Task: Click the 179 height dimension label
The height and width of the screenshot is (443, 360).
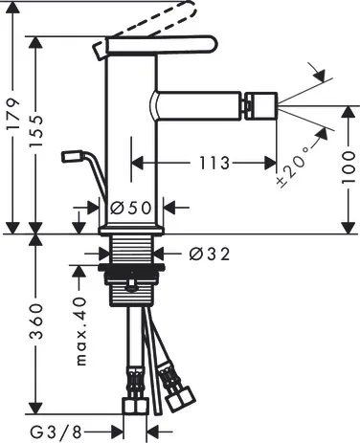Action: point(13,114)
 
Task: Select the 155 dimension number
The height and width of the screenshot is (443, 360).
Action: point(35,131)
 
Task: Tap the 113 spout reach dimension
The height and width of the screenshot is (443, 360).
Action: point(214,163)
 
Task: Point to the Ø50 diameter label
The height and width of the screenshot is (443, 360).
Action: point(130,209)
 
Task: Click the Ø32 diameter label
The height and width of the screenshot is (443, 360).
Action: point(210,255)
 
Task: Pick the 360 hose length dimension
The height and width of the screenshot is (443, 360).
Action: point(35,321)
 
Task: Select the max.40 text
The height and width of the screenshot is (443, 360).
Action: point(81,331)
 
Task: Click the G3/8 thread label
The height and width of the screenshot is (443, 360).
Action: point(56,432)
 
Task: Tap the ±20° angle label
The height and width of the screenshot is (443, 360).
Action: point(293,167)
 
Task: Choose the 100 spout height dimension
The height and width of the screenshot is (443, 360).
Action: point(348,167)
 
